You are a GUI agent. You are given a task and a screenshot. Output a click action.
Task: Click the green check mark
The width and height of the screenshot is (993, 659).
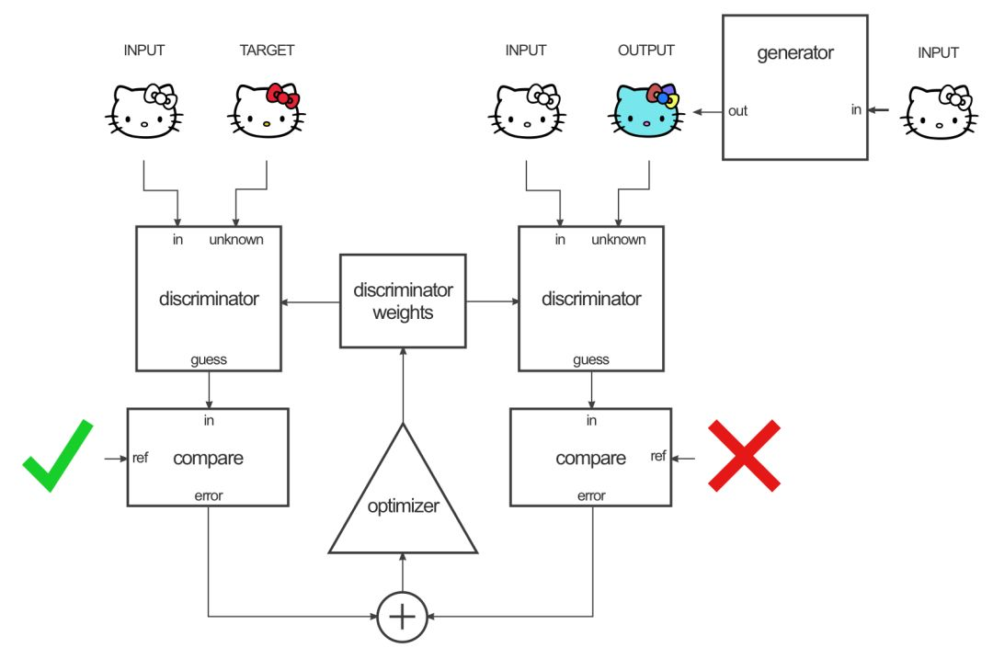coord(58,458)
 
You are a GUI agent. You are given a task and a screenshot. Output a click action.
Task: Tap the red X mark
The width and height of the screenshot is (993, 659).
coord(744,455)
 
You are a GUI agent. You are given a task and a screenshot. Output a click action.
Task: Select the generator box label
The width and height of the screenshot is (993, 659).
coord(794,53)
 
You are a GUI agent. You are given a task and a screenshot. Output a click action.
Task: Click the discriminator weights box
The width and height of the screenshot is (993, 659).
coord(403,301)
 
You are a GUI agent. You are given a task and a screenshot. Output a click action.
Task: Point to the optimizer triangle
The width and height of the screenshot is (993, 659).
coord(403,501)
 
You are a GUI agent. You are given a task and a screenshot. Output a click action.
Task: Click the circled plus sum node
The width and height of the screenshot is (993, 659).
coord(402,616)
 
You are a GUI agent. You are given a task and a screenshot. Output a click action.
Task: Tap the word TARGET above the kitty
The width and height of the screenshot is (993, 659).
coord(267,51)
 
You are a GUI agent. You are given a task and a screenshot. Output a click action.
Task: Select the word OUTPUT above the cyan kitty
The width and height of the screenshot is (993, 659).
coord(646,51)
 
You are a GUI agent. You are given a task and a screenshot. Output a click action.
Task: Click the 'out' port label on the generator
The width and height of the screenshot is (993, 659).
coord(737,111)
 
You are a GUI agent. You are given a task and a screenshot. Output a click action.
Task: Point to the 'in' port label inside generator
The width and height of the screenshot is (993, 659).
coord(855,111)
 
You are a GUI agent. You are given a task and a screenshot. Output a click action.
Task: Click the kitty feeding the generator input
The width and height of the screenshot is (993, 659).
coord(939,112)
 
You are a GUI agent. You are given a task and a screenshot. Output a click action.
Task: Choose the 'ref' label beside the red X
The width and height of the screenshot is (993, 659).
coord(658,456)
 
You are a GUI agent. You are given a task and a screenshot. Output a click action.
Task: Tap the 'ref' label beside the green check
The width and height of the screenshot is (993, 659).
coord(140,456)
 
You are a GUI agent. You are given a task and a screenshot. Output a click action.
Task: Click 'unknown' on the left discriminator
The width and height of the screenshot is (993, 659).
coord(236,240)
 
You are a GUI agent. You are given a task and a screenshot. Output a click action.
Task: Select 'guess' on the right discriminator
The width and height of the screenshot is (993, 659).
coord(591,359)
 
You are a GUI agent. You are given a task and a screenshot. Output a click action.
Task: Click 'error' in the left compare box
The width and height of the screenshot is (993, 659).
coord(208,496)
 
